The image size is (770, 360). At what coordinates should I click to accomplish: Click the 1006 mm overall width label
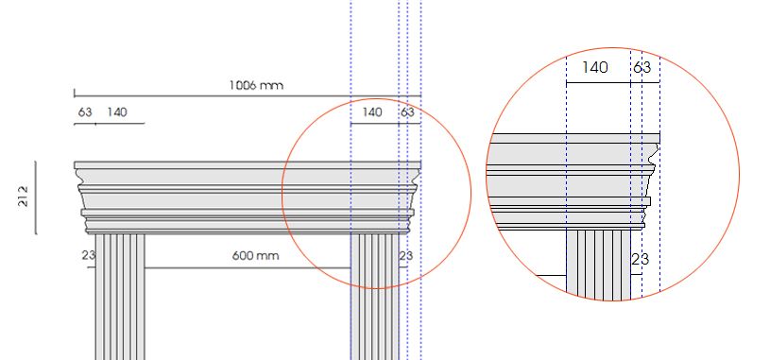(256, 85)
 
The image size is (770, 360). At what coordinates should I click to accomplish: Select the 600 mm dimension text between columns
(256, 256)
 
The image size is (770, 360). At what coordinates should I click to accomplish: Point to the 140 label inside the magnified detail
(594, 68)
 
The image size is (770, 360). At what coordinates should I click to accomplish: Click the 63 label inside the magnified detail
(642, 68)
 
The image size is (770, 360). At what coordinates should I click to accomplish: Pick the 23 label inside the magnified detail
(640, 260)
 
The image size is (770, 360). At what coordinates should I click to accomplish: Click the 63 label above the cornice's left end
(85, 111)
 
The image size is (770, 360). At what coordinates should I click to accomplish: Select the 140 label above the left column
(117, 111)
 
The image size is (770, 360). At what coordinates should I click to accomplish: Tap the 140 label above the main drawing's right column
(372, 111)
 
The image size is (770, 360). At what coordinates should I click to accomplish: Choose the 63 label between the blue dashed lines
(407, 111)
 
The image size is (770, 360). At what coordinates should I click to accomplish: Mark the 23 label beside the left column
(89, 255)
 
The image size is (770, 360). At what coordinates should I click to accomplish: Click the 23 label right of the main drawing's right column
(406, 255)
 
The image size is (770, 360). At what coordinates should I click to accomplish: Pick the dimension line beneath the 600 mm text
(248, 267)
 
